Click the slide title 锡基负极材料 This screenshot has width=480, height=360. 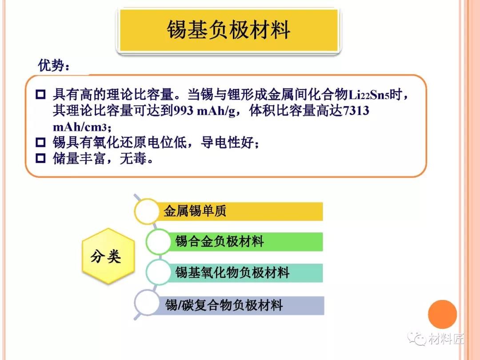tap(228, 30)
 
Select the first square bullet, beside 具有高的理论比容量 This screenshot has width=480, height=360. tap(40, 94)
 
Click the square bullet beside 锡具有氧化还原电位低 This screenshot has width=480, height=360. tap(40, 142)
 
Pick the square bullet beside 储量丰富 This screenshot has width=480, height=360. tap(40, 158)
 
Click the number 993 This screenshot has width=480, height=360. tap(183, 111)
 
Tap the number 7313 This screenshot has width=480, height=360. tap(356, 111)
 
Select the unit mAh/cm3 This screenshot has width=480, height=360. tap(80, 127)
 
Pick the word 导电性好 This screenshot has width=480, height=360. tap(228, 142)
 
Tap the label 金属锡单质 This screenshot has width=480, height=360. tap(195, 211)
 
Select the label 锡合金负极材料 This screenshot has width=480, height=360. tap(220, 241)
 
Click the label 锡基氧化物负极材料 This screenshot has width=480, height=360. tap(232, 272)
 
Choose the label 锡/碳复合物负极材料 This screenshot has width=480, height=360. tap(224, 305)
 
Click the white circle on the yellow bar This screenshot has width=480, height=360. tap(147, 211)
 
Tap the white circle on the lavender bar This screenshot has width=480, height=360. tap(147, 303)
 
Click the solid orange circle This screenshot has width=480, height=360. tap(442, 314)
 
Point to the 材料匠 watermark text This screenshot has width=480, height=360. tap(446, 339)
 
